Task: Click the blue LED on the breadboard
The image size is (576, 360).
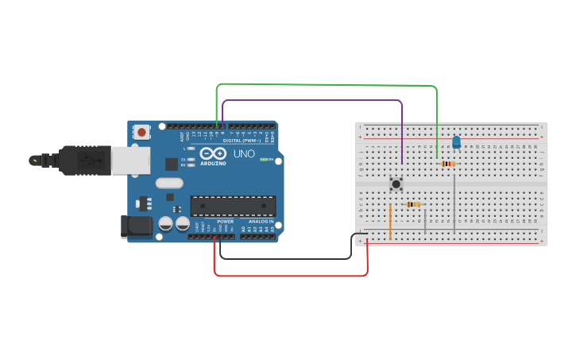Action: point(456,142)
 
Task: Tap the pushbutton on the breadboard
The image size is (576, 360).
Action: point(396,184)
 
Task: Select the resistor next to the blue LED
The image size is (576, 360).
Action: point(447,164)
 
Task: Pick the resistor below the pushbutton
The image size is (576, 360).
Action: point(413,204)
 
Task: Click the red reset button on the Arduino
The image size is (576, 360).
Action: point(141,132)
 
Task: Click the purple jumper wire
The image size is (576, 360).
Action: point(318,101)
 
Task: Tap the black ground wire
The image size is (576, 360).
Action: point(286,258)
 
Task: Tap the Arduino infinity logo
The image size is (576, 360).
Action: point(212,153)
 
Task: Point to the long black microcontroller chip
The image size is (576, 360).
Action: point(233,206)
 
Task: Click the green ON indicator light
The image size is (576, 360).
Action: point(264,160)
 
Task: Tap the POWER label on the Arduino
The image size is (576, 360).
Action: point(225,222)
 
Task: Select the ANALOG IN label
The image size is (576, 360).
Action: point(261,222)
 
